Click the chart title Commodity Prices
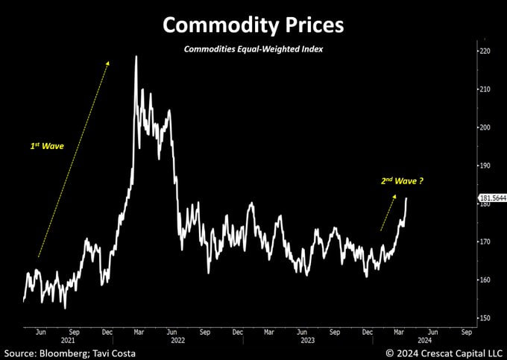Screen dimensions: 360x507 coord(253,25)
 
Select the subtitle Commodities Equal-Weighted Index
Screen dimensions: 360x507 coord(253,50)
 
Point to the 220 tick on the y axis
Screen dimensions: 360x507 coord(485,51)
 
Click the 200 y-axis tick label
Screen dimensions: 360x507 coord(485,127)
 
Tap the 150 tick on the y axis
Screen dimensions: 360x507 coord(485,318)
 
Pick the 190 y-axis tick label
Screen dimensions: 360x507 coord(485,165)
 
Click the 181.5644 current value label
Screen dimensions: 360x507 coord(491,198)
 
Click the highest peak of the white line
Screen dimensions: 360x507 coord(136,57)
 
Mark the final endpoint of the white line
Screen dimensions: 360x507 coord(406,198)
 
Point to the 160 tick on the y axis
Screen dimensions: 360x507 coord(485,280)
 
